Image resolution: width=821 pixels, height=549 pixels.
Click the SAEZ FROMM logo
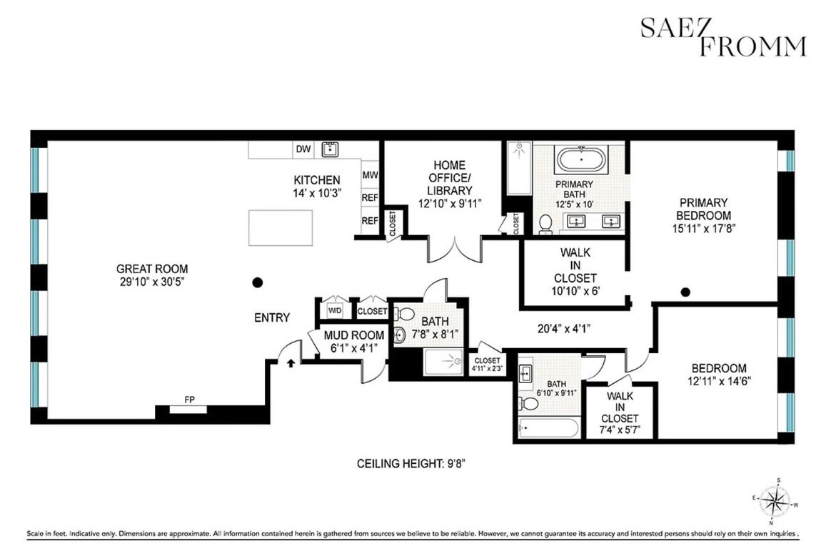pos(722,37)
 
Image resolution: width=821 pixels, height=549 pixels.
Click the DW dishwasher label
pos(303,149)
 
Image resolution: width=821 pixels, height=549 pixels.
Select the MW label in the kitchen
pos(370,174)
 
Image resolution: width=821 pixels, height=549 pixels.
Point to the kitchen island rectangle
pos(279,227)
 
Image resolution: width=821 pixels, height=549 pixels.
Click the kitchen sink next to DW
pos(330,149)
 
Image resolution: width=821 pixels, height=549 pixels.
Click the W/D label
pos(335,311)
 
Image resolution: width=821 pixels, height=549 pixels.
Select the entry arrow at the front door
pos(291,362)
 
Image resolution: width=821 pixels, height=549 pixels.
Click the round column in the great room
pos(258,283)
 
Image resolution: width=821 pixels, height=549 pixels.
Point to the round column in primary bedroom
pos(685,292)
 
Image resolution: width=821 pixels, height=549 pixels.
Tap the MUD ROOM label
pos(354,335)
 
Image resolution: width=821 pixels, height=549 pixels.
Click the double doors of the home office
pos(454,250)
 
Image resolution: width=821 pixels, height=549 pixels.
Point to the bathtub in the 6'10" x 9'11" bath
pos(548,428)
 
